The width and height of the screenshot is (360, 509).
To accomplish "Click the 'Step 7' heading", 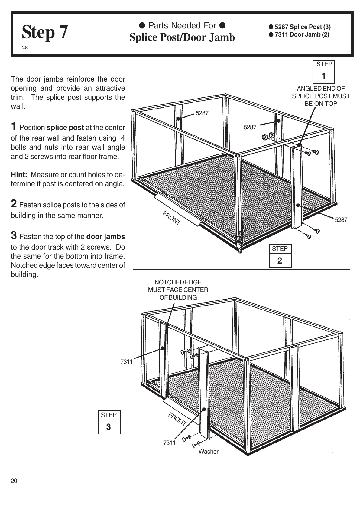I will click(45, 33).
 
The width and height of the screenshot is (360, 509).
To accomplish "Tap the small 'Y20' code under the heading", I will click(25, 48).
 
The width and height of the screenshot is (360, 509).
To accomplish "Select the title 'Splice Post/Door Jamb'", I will click(182, 37).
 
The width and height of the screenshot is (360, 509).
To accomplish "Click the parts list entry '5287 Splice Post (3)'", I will click(302, 27).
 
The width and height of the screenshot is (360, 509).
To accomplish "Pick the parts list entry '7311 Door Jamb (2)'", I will click(302, 34).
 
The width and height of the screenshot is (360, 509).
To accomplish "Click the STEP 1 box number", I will click(324, 76).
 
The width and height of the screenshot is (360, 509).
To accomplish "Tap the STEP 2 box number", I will click(280, 261).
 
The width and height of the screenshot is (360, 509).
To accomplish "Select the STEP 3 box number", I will click(109, 427).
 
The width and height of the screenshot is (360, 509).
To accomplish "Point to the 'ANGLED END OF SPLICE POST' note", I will click(321, 96).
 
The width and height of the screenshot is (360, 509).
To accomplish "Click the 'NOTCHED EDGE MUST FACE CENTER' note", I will click(178, 290).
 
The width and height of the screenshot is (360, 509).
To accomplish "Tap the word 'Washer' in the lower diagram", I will click(208, 452).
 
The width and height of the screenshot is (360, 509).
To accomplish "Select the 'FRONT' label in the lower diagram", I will click(177, 419).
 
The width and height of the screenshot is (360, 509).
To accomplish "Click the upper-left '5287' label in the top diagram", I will click(202, 113).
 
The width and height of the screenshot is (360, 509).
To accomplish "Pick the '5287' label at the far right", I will click(341, 220).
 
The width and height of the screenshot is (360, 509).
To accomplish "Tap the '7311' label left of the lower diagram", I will click(126, 362).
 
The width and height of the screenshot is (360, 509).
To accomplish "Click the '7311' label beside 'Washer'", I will click(169, 443).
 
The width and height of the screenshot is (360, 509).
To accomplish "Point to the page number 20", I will click(14, 481).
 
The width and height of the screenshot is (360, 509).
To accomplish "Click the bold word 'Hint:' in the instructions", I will click(19, 175).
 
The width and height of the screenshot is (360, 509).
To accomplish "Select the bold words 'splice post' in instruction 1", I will click(65, 128).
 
